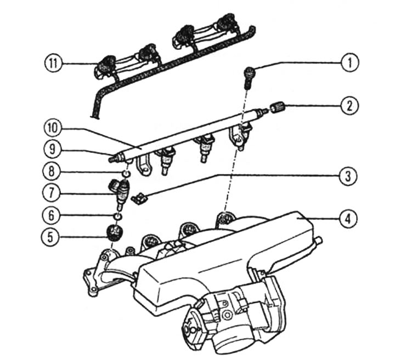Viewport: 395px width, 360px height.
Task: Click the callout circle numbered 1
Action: click(349, 62)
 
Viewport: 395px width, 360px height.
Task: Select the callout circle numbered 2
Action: click(349, 106)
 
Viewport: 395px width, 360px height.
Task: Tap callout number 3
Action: click(348, 176)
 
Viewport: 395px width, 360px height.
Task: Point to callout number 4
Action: click(348, 219)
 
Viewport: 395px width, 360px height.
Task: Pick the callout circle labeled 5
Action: click(50, 237)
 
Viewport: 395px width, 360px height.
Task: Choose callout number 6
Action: click(51, 215)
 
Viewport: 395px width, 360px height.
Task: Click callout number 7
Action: click(51, 193)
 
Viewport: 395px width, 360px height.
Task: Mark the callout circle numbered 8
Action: click(51, 172)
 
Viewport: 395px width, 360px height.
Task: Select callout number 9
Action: click(52, 150)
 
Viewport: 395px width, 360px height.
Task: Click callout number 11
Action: click(53, 63)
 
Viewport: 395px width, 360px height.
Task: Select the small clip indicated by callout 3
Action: click(140, 198)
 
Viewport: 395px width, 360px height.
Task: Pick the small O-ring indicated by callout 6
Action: click(117, 216)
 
